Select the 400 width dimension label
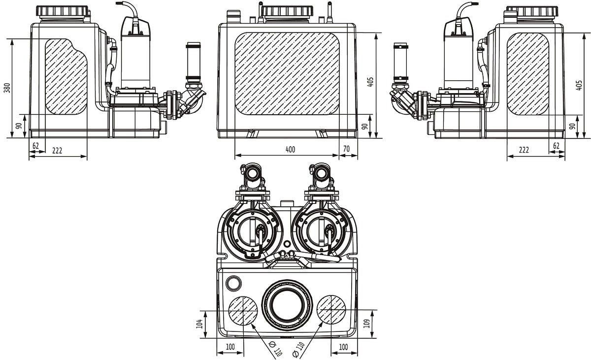(x=290, y=150)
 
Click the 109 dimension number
(x=366, y=324)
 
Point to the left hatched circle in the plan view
(x=243, y=310)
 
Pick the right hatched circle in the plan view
(x=331, y=310)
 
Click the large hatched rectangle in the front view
(x=287, y=74)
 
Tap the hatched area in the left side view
(x=66, y=76)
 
